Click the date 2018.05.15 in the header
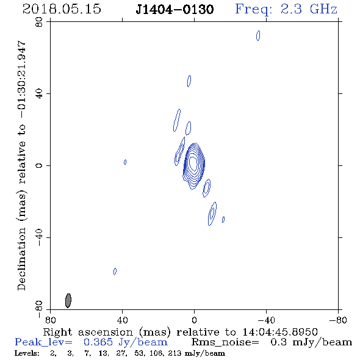62,9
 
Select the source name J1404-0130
175,9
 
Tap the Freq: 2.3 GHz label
286,9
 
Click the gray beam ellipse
68,301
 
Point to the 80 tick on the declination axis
39,22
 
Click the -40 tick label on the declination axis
39,237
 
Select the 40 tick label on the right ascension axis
122,320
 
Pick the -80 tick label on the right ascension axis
338,320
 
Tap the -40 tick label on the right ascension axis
266,320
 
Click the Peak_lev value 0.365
98,342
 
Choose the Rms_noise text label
225,342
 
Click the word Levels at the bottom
27,353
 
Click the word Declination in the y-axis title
21,259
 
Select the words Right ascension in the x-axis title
88,332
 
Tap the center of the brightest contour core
193,162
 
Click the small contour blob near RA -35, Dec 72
258,35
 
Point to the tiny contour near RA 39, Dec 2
125,162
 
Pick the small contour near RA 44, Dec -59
115,272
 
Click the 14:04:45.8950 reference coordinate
280,332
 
